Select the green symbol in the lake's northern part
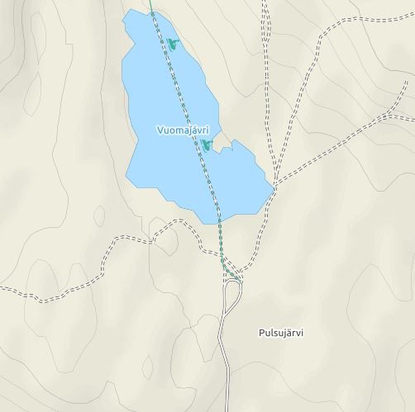pos(171,43)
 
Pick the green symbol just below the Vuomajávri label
pos(206,146)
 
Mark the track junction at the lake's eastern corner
pos(274,186)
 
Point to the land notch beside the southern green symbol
pos(225,149)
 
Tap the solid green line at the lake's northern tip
pos(152,10)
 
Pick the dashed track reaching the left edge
pos(7,291)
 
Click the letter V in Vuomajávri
pos(160,130)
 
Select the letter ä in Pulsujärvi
pos(286,333)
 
